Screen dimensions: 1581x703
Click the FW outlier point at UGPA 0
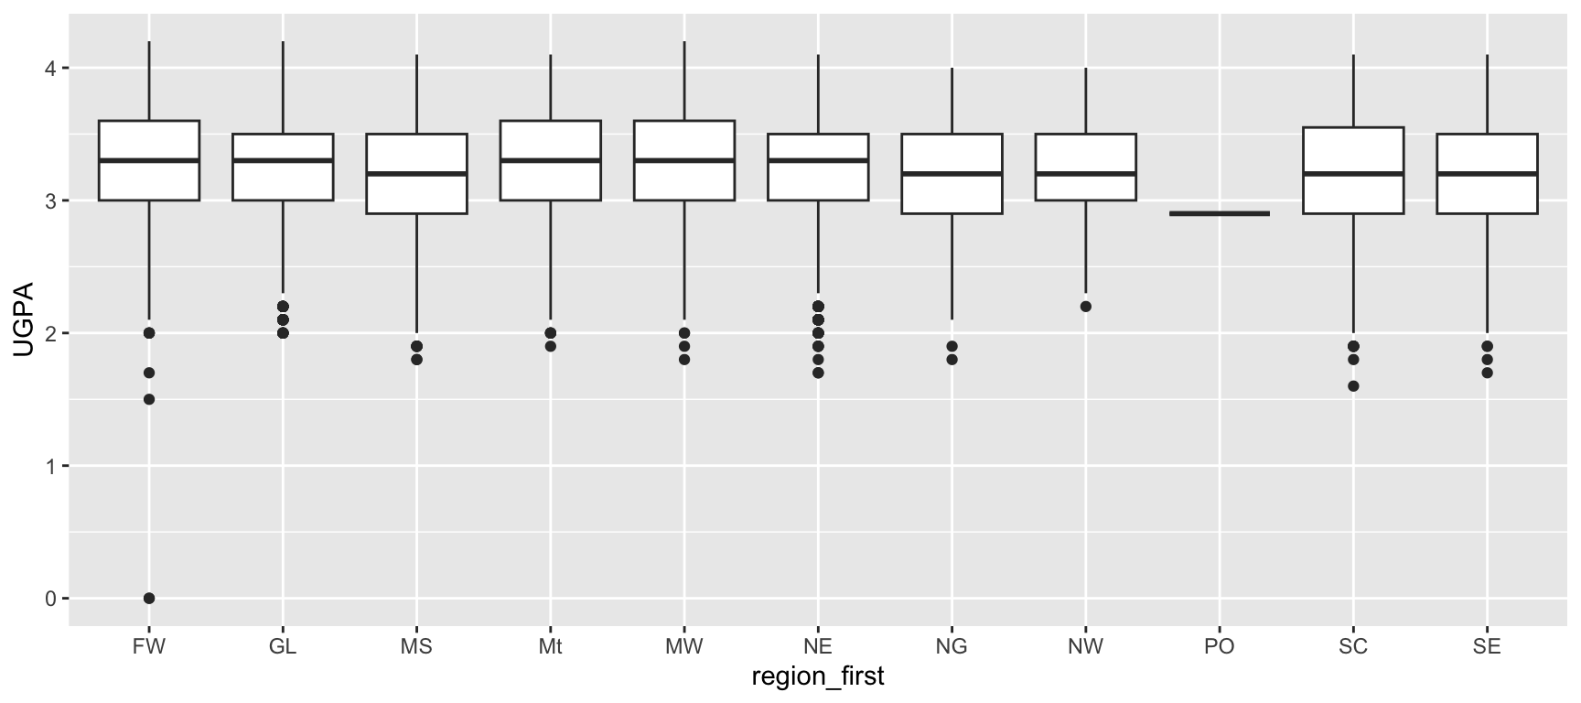[x=149, y=599]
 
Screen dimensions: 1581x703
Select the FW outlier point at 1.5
[x=149, y=399]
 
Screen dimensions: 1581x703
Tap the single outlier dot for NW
[x=1086, y=307]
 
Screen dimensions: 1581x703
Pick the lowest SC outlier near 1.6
[x=1353, y=386]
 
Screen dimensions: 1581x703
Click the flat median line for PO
[x=1220, y=213]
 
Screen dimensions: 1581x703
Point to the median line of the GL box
[x=283, y=160]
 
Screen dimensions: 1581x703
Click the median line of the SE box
[x=1487, y=173]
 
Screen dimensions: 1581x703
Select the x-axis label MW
[x=684, y=647]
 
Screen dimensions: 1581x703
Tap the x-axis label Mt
[x=550, y=647]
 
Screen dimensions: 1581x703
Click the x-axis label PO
[x=1220, y=647]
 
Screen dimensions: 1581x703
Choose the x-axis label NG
[x=952, y=647]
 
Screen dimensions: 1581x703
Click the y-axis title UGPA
[x=22, y=333]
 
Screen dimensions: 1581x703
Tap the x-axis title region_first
[x=818, y=677]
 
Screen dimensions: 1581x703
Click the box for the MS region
[x=416, y=174]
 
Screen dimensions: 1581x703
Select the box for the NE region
[x=818, y=167]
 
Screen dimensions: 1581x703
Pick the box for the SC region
[x=1353, y=170]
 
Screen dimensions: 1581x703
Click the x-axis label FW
[x=149, y=647]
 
